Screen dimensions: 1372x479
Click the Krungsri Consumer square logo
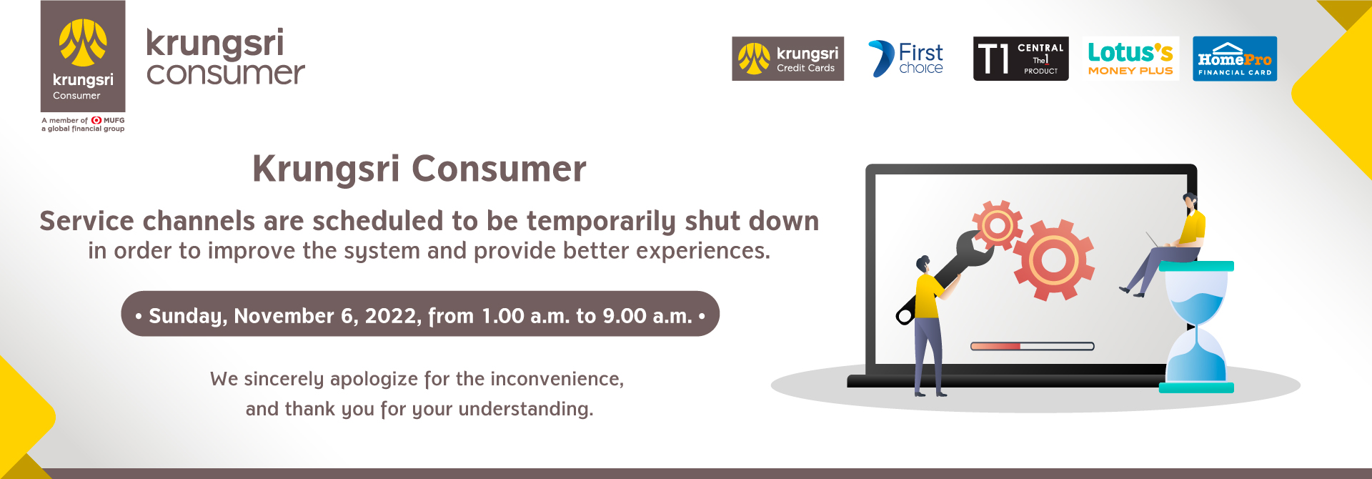(83, 56)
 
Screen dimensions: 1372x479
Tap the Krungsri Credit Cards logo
(787, 59)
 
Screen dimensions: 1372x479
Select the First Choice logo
(906, 59)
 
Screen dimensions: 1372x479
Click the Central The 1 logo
(1020, 59)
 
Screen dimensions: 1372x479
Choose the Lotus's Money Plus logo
(1130, 59)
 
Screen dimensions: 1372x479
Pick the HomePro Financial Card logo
(1235, 59)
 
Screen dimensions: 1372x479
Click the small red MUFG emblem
(96, 120)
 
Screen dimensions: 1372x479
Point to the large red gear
(1053, 260)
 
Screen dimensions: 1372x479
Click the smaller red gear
(998, 225)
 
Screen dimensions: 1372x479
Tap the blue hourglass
(1196, 327)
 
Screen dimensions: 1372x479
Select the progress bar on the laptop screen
(1032, 346)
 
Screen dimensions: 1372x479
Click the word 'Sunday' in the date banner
(188, 316)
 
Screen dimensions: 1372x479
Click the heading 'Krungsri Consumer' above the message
(419, 169)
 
